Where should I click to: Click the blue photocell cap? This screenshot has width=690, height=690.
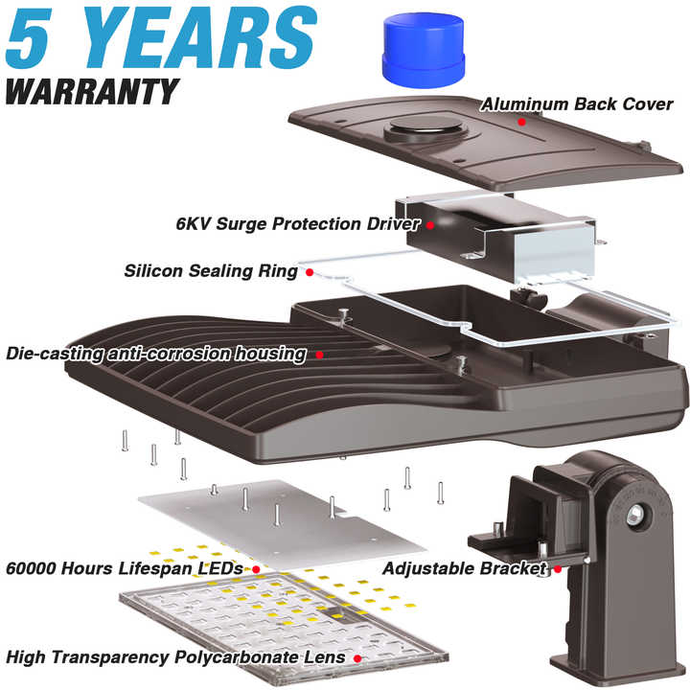(x=424, y=50)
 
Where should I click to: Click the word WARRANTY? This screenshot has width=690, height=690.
(x=92, y=92)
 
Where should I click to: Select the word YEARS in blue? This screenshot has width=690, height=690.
(x=201, y=37)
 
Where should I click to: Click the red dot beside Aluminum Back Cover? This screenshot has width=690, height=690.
(x=521, y=122)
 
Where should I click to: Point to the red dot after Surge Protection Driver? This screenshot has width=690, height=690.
(x=430, y=225)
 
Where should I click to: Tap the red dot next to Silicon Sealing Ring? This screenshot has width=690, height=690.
(x=310, y=272)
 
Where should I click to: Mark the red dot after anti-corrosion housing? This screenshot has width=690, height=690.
(x=319, y=355)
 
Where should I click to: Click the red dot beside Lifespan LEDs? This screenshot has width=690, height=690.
(x=256, y=569)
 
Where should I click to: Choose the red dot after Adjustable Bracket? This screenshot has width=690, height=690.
(x=558, y=569)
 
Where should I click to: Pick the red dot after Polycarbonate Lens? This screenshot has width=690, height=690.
(x=357, y=658)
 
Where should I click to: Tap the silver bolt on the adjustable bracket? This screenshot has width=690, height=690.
(x=635, y=514)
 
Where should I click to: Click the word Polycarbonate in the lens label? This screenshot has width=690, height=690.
(x=236, y=657)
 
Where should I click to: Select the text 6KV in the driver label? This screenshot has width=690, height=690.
(x=193, y=223)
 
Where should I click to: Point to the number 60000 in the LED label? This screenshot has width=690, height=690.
(x=31, y=568)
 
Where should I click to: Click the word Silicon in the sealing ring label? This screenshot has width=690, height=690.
(x=153, y=270)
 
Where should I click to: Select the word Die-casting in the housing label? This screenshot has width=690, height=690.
(x=55, y=354)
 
